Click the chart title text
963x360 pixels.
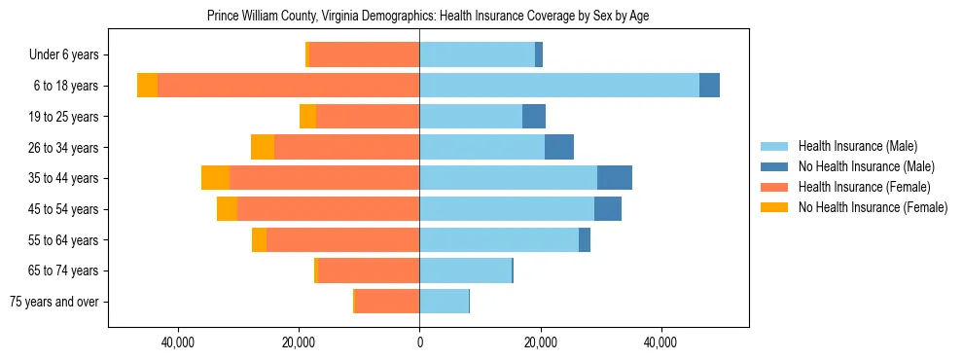pos(428,16)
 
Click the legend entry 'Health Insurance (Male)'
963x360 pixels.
pos(857,146)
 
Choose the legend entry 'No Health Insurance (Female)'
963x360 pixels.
pos(873,207)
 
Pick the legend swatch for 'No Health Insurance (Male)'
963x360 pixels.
pos(774,166)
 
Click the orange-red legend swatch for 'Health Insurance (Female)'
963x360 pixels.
pos(774,187)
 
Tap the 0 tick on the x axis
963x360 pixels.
pos(419,342)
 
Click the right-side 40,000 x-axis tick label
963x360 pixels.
pos(660,342)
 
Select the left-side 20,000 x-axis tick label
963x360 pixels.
pos(299,342)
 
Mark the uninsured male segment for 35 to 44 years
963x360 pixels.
pos(615,178)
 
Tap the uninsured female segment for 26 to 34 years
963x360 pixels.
pos(263,147)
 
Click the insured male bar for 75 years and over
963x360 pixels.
pos(444,302)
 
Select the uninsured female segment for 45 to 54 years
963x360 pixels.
pos(227,209)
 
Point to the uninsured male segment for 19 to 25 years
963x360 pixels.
pos(534,117)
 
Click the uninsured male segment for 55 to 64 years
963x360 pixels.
pos(585,239)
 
